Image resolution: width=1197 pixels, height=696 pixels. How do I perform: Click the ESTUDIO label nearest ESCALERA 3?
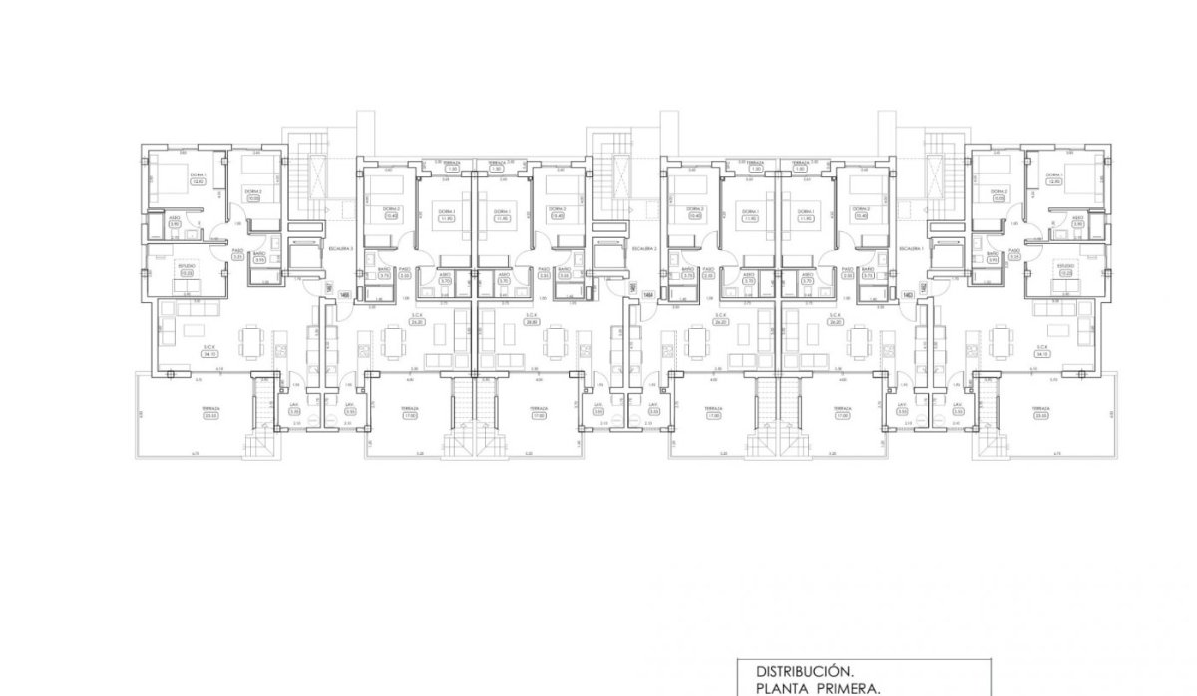(x=187, y=266)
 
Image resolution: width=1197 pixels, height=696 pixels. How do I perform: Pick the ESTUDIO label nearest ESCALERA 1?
(x=1065, y=266)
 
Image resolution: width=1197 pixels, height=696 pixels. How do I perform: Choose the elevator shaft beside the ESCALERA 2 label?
(x=606, y=256)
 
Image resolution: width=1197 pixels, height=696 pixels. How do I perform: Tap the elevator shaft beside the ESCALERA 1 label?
(x=944, y=256)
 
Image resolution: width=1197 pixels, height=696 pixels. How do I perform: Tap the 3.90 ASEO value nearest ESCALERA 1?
(x=1077, y=225)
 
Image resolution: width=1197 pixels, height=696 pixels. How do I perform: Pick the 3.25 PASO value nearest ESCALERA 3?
(x=237, y=258)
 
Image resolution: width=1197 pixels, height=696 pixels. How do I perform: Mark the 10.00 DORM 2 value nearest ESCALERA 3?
(x=253, y=197)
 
